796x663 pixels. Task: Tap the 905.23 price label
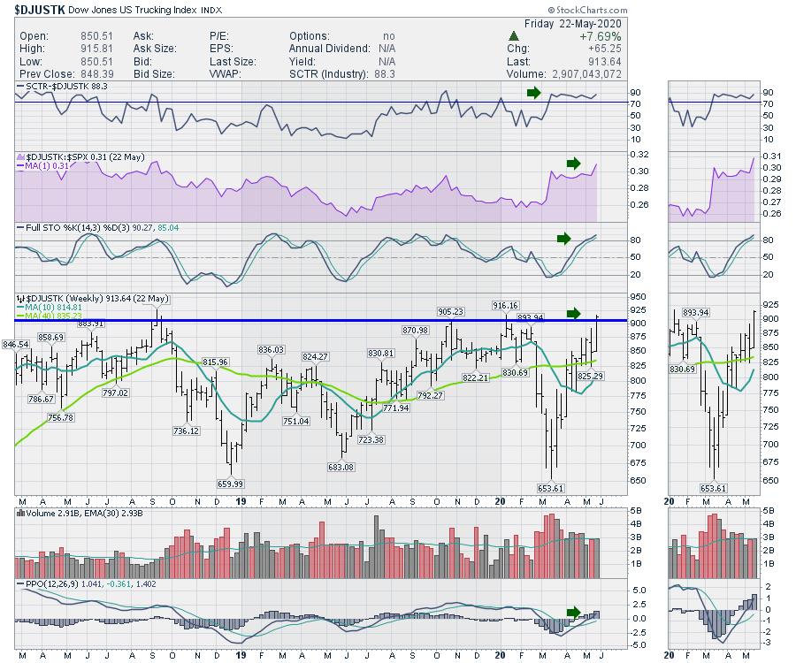pyautogui.click(x=450, y=311)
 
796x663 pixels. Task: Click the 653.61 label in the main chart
pyautogui.click(x=549, y=488)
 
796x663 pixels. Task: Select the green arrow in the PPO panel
pyautogui.click(x=573, y=612)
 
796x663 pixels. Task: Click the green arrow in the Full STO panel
pyautogui.click(x=563, y=238)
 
